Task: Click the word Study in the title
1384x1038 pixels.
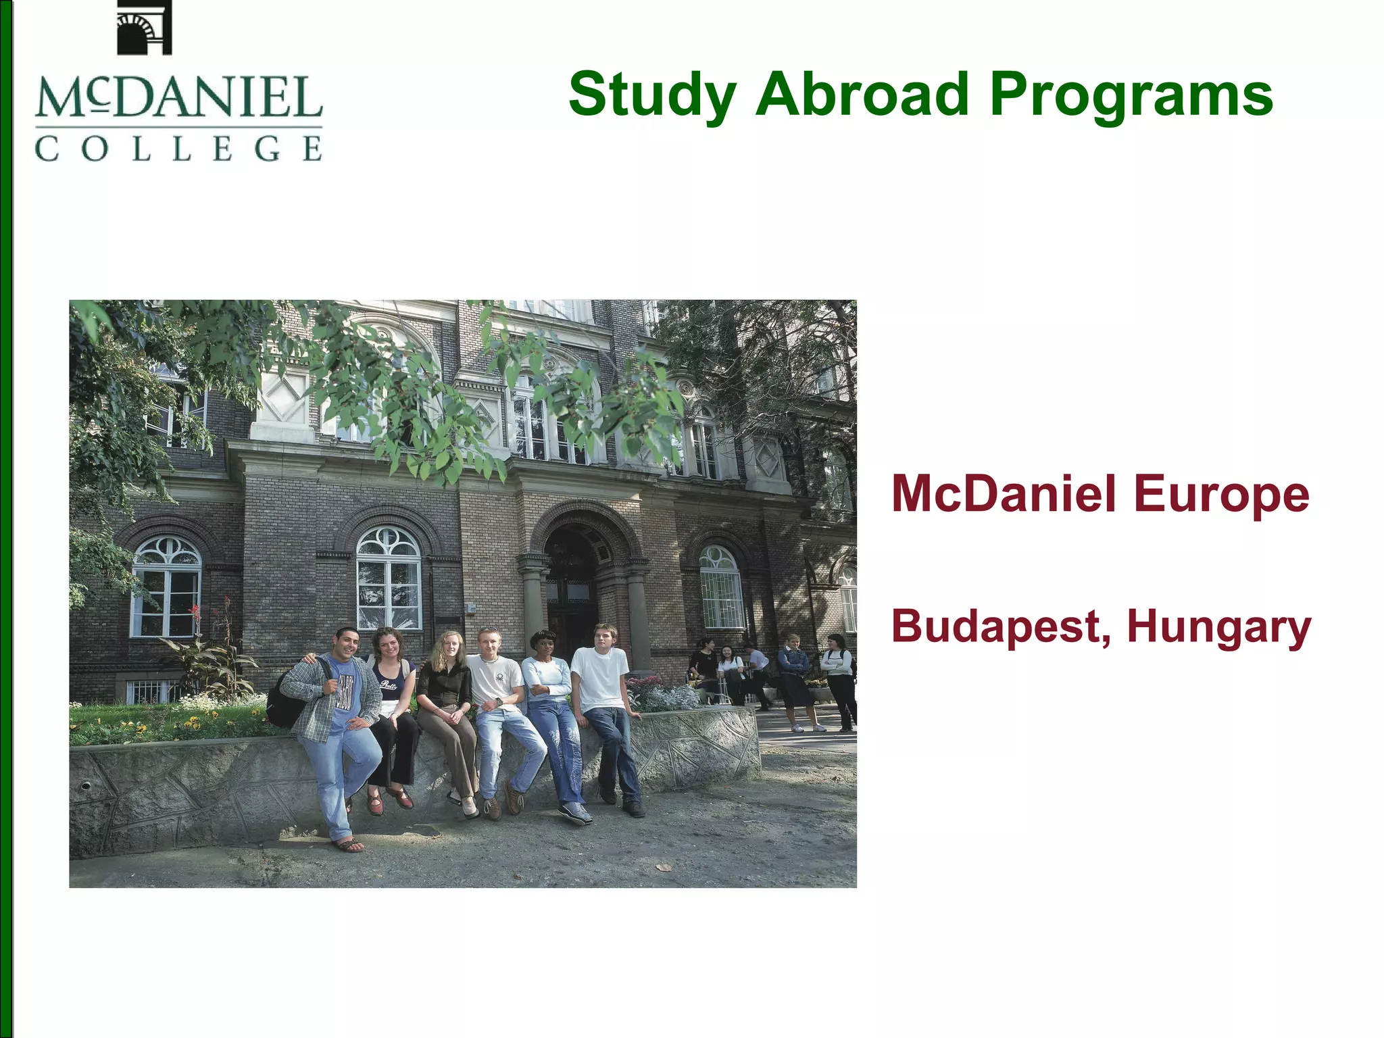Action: [x=652, y=95]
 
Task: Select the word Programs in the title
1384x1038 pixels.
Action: [x=1131, y=95]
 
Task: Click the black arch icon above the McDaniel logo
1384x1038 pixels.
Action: [x=144, y=28]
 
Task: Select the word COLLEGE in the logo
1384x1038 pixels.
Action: [x=178, y=148]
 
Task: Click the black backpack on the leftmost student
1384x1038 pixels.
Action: [x=284, y=699]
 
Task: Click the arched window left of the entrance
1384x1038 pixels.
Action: [x=389, y=578]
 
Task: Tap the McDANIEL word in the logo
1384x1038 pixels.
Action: [x=178, y=98]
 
